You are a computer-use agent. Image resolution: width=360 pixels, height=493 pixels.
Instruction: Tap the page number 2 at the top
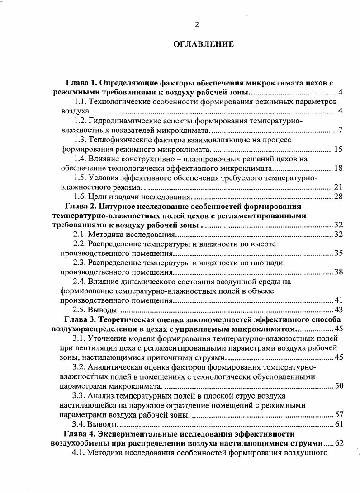(197, 24)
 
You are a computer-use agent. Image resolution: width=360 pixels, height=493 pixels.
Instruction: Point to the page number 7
(341, 131)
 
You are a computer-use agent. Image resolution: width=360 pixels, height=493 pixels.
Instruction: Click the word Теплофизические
(121, 140)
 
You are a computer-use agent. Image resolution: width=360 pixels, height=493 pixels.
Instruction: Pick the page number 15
(338, 150)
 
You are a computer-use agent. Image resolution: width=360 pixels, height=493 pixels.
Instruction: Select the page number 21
(338, 188)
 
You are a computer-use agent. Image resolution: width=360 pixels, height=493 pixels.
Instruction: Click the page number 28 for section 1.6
(338, 197)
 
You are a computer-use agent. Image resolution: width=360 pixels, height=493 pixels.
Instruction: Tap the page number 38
(338, 272)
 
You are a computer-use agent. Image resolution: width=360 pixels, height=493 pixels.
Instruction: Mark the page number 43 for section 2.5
(338, 310)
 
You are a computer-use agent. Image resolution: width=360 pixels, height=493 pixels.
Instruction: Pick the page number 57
(338, 414)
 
